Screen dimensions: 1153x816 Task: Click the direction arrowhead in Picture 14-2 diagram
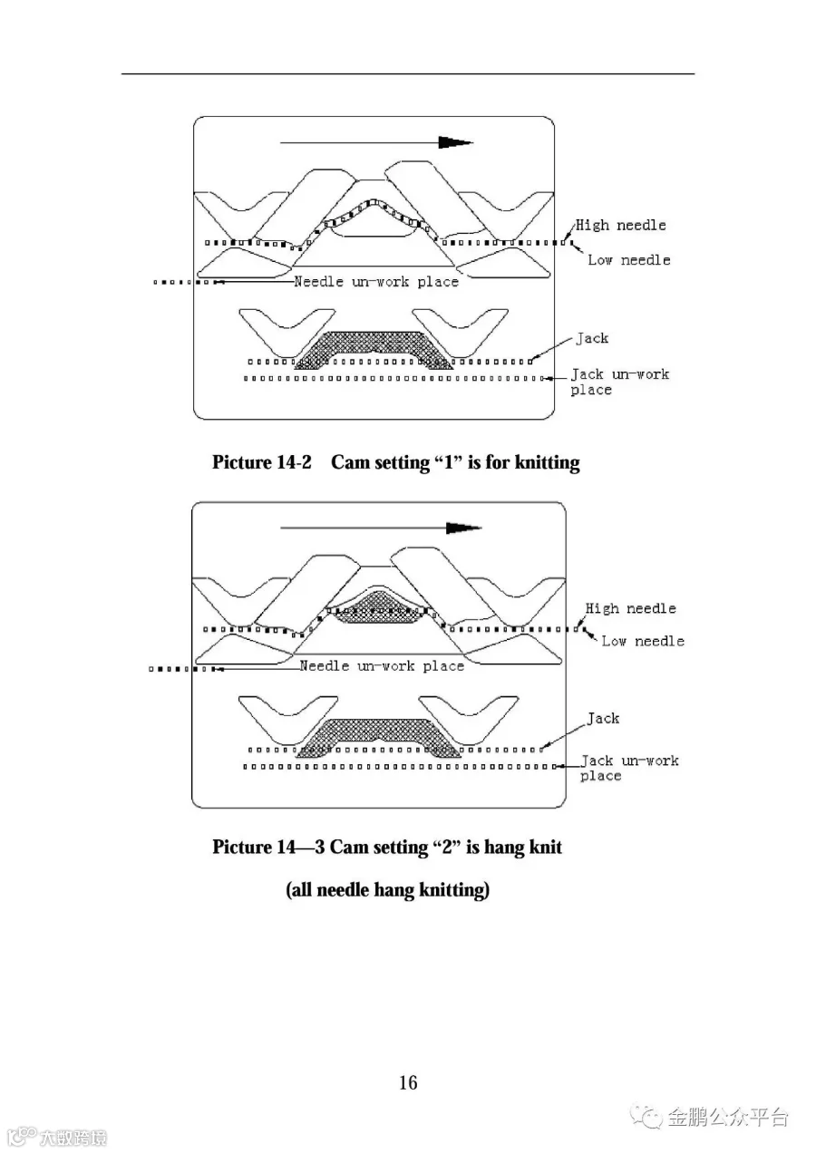(455, 142)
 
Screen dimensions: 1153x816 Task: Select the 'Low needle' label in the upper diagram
(629, 259)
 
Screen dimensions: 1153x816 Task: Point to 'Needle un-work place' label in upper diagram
(376, 282)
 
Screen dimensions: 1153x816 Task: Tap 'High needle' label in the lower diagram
(631, 608)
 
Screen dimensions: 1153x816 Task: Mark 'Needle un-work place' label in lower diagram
(382, 666)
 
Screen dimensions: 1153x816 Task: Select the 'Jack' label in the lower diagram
(603, 718)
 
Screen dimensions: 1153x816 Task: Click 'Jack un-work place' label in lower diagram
(629, 768)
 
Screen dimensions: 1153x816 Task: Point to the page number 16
(408, 1082)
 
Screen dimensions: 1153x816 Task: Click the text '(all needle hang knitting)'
(388, 890)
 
